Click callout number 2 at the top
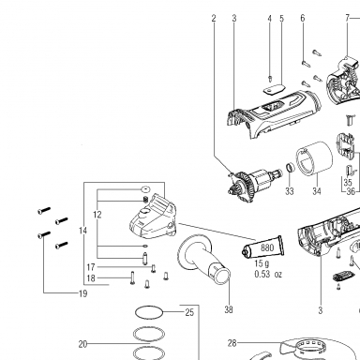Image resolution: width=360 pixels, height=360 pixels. pyautogui.click(x=214, y=19)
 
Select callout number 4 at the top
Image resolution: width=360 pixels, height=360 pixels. pyautogui.click(x=269, y=19)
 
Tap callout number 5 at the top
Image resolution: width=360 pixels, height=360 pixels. pyautogui.click(x=281, y=19)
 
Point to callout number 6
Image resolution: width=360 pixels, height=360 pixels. pyautogui.click(x=303, y=19)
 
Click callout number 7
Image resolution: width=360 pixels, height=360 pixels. pyautogui.click(x=347, y=19)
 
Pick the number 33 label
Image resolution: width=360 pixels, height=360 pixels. pyautogui.click(x=290, y=191)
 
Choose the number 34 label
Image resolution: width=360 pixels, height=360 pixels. pyautogui.click(x=317, y=191)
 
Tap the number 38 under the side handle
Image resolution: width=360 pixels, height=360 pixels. pyautogui.click(x=229, y=309)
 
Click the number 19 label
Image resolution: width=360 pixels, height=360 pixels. pyautogui.click(x=82, y=293)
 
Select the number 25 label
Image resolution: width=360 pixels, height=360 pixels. pyautogui.click(x=189, y=312)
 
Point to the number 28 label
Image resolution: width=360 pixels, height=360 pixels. pyautogui.click(x=232, y=343)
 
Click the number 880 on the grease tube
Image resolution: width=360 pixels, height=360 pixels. pyautogui.click(x=267, y=247)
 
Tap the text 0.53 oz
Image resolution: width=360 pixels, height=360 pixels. pyautogui.click(x=268, y=275)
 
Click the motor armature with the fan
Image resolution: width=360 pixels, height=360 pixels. pyautogui.click(x=255, y=185)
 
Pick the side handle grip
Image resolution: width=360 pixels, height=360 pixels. pyautogui.click(x=203, y=259)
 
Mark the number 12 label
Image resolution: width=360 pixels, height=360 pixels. pyautogui.click(x=97, y=215)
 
